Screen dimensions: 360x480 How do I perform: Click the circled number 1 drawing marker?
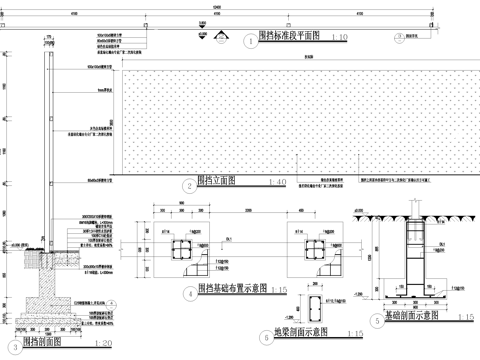249,41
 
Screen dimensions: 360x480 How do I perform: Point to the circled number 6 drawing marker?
265,337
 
